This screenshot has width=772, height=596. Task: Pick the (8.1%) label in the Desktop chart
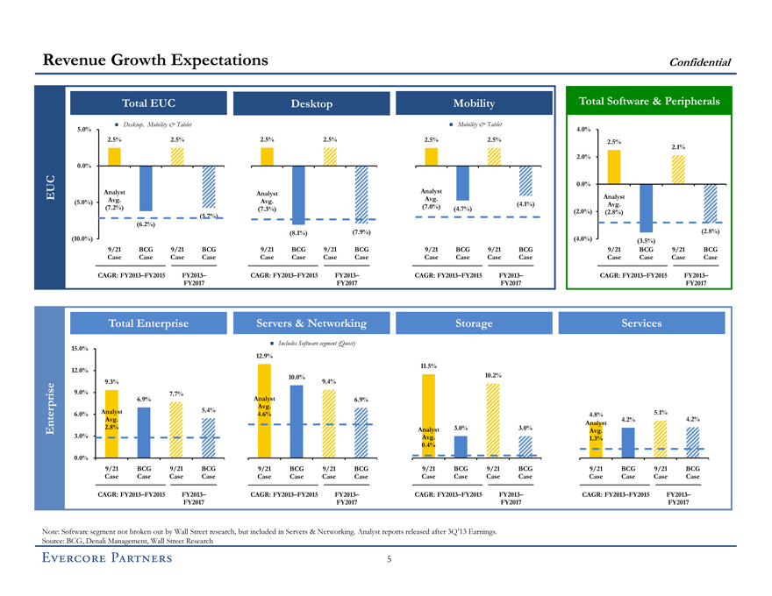298,233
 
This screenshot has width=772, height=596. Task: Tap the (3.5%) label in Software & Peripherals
646,241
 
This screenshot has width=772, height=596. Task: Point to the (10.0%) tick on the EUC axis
82,238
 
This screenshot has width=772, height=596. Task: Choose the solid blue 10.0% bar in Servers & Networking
297,421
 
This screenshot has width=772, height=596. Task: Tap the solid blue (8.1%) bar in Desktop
298,195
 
